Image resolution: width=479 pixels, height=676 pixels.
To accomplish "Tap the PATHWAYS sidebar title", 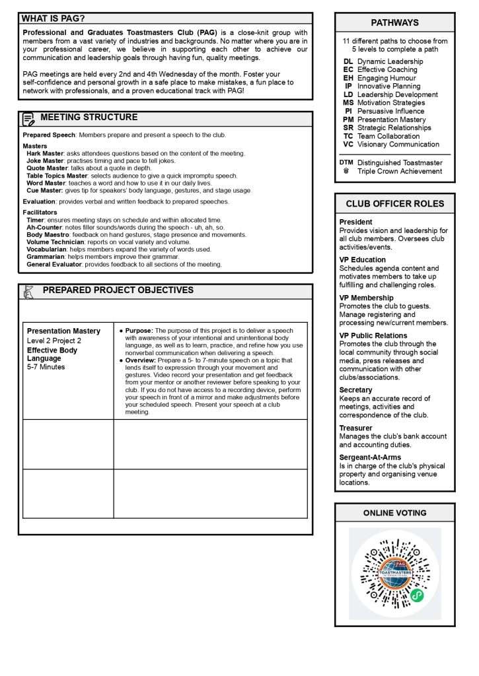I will tap(394, 22).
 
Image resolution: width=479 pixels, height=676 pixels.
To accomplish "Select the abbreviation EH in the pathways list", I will tap(348, 78).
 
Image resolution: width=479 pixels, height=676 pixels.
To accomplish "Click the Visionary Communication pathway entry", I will tap(398, 144).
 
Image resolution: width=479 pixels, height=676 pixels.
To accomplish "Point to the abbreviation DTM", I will tap(346, 162).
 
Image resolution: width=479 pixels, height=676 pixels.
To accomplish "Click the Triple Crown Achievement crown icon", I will tap(346, 171).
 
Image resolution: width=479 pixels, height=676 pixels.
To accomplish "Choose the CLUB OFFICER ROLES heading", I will tap(394, 203).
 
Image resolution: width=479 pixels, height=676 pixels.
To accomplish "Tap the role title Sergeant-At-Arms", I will tap(370, 457).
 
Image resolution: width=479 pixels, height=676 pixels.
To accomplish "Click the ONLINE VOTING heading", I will tap(394, 512).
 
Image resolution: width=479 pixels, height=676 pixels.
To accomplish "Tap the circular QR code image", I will tap(394, 573).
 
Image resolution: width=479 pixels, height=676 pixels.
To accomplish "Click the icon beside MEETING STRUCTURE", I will tap(28, 119).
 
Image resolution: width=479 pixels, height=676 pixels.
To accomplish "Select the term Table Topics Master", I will tap(57, 176).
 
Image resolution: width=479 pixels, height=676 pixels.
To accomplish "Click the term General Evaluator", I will tap(55, 265).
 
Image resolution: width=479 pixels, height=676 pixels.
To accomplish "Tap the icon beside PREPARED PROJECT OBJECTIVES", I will tap(28, 291).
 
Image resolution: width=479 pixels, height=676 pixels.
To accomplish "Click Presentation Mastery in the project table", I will tap(63, 331).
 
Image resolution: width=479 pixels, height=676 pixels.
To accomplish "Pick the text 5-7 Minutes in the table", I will tap(46, 367).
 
